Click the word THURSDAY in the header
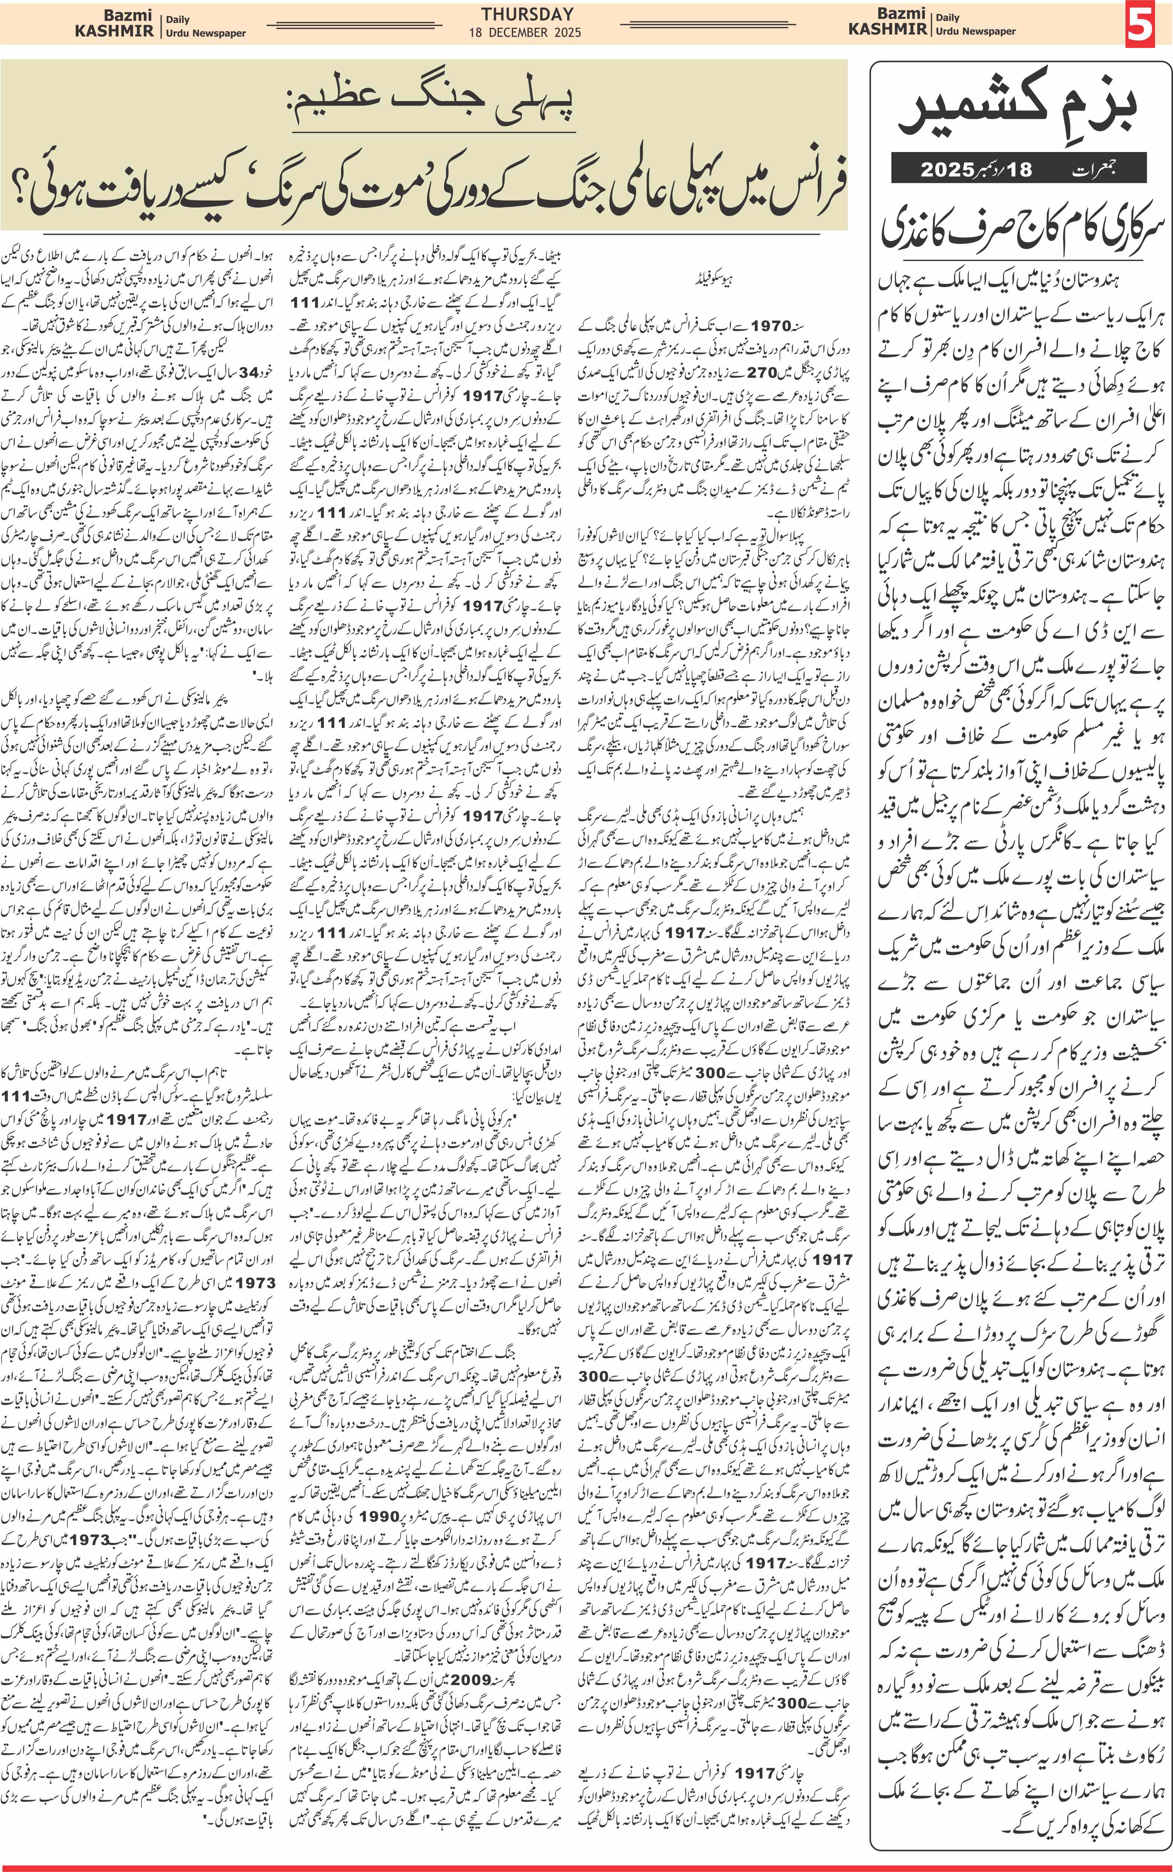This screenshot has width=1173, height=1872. click(x=527, y=14)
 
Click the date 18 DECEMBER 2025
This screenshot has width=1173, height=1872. click(x=525, y=33)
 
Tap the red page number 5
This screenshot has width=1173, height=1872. click(x=1140, y=25)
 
